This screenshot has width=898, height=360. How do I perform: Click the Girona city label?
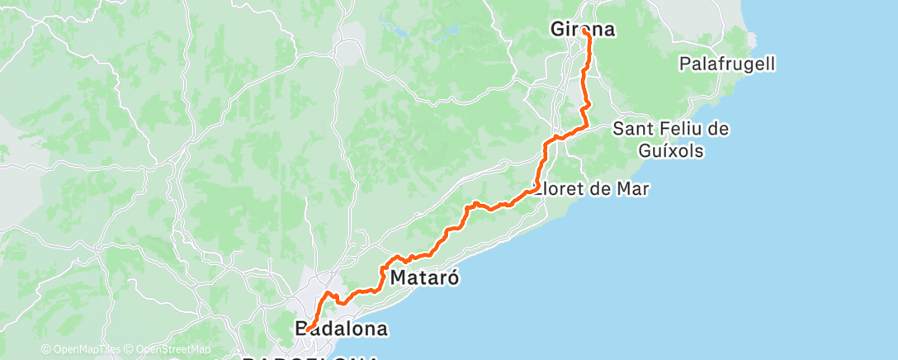pos(583,30)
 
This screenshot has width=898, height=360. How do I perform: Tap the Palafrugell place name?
pos(726,63)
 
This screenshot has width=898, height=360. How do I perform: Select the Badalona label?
pos(341,329)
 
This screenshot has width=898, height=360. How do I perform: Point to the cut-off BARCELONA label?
pos(310,357)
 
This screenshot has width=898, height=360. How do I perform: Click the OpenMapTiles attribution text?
pos(79,349)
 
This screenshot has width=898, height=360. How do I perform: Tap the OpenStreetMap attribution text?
pos(168,349)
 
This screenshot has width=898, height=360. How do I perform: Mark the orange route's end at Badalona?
pos(306,330)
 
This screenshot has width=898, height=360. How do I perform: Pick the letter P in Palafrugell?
pos(683,63)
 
